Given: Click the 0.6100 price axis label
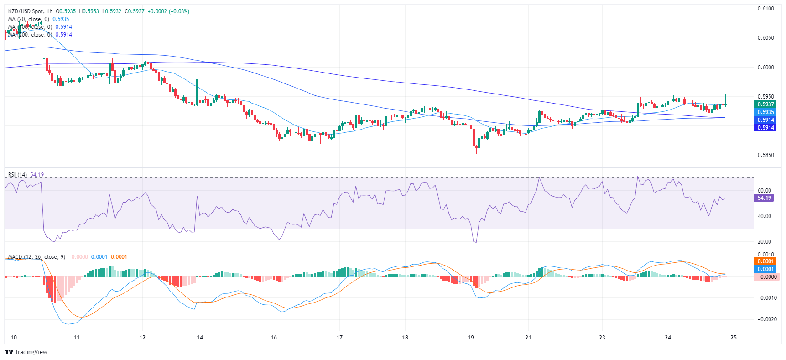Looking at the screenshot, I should click(x=765, y=9).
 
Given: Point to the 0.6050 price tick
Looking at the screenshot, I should click(x=765, y=38).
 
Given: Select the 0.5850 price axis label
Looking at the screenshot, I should click(x=765, y=155).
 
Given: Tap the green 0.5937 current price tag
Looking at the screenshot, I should click(x=765, y=104).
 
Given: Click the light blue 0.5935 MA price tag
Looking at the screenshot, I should click(x=765, y=112).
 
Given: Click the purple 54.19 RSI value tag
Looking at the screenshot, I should click(x=764, y=198).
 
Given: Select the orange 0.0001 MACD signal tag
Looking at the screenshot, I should click(x=765, y=261).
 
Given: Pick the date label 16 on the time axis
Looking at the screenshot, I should click(x=274, y=338).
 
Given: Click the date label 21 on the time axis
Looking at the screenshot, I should click(x=528, y=338).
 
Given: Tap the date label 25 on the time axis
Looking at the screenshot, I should click(x=734, y=338).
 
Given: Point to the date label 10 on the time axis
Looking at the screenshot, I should click(x=14, y=338).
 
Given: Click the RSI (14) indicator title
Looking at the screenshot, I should click(x=17, y=175).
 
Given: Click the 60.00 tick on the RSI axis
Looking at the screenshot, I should click(x=764, y=191).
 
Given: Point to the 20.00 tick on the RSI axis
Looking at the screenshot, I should click(x=764, y=242).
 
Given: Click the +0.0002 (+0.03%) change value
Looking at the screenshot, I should click(x=172, y=11).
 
